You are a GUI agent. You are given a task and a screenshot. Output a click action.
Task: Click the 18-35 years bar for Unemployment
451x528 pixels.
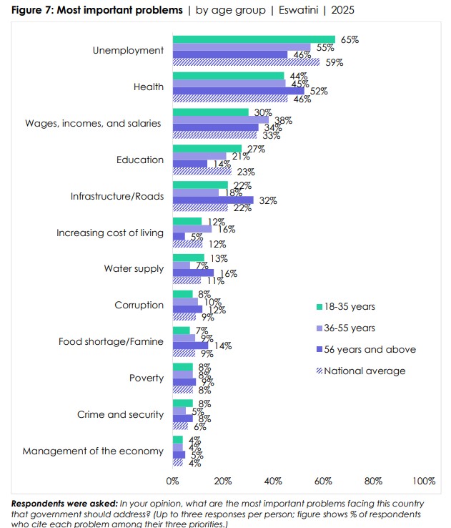click(254, 39)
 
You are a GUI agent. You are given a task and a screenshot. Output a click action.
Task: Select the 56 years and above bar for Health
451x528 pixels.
click(239, 91)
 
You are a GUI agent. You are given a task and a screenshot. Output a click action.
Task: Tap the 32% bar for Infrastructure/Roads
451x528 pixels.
click(213, 200)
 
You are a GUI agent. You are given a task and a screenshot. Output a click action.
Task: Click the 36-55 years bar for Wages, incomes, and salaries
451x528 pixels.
click(221, 120)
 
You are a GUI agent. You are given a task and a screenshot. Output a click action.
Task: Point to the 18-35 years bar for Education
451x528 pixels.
click(207, 148)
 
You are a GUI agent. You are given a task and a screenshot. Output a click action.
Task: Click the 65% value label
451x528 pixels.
click(350, 39)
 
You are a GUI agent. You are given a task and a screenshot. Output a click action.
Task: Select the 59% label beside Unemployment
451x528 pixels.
click(334, 63)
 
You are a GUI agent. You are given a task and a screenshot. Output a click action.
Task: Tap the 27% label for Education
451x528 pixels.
click(257, 149)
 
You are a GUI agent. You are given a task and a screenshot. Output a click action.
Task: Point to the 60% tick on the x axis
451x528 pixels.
click(324, 481)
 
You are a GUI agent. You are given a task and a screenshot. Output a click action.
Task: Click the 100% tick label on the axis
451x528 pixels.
click(424, 481)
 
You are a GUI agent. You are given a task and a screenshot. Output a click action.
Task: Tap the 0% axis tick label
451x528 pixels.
click(172, 481)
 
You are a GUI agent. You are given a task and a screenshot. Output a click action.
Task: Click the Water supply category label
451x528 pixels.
click(134, 269)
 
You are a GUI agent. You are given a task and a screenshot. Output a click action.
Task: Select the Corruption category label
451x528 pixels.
click(139, 305)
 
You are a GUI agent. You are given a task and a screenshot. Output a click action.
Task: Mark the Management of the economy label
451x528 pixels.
click(93, 451)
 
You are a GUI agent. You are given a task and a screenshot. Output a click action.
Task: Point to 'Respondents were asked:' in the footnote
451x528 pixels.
click(64, 504)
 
